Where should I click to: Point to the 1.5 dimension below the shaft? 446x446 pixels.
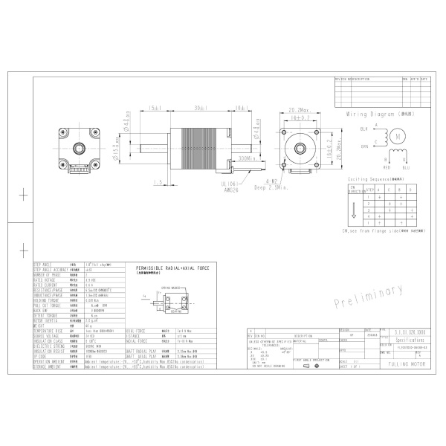pyautogui.click(x=158, y=181)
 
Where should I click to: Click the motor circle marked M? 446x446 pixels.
pyautogui.click(x=399, y=137)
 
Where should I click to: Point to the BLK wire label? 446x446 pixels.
pyautogui.click(x=364, y=129)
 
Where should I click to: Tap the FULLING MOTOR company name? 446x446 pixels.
pyautogui.click(x=404, y=367)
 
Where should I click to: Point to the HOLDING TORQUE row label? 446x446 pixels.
pyautogui.click(x=48, y=300)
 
